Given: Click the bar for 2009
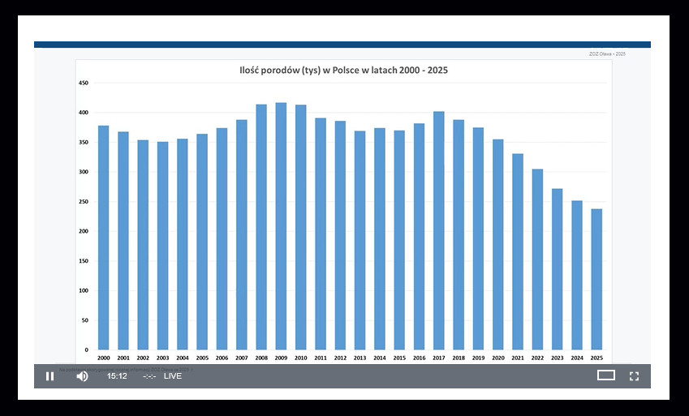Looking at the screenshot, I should (281, 226).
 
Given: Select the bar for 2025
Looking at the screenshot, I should (596, 279).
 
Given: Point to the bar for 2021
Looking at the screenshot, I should (518, 251).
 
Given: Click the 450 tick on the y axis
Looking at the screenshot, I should (83, 83).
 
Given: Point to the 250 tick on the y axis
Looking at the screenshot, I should (83, 202).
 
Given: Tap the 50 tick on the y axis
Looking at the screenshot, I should (84, 320).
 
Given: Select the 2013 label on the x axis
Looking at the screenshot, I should (360, 358).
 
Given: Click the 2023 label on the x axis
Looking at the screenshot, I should (557, 358).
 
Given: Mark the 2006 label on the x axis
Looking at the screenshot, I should (222, 358).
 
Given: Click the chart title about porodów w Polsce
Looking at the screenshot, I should (342, 71).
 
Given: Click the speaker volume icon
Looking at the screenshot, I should (82, 375).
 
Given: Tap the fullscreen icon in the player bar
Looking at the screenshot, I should (635, 375).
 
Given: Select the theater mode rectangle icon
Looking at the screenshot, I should (606, 375).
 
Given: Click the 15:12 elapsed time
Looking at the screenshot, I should (118, 376).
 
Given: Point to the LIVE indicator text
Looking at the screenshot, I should (173, 376).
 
